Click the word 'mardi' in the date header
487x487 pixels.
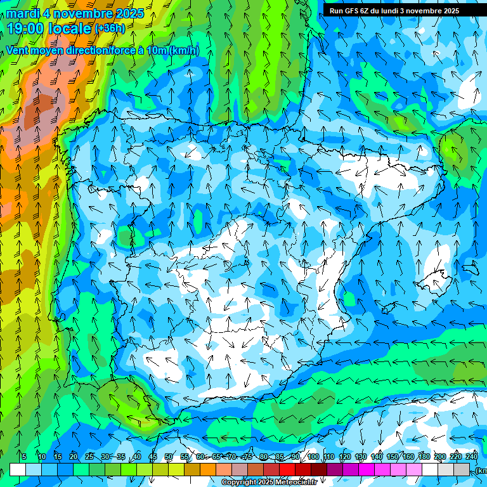[x=23, y=13]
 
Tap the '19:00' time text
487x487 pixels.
[x=26, y=29]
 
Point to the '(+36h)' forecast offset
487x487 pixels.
[x=110, y=29]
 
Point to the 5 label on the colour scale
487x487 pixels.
[x=23, y=457]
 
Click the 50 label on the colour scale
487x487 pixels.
[x=168, y=457]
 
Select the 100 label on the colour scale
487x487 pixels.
[x=313, y=457]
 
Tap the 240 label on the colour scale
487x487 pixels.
[x=471, y=457]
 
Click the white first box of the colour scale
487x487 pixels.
[x=18, y=469]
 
